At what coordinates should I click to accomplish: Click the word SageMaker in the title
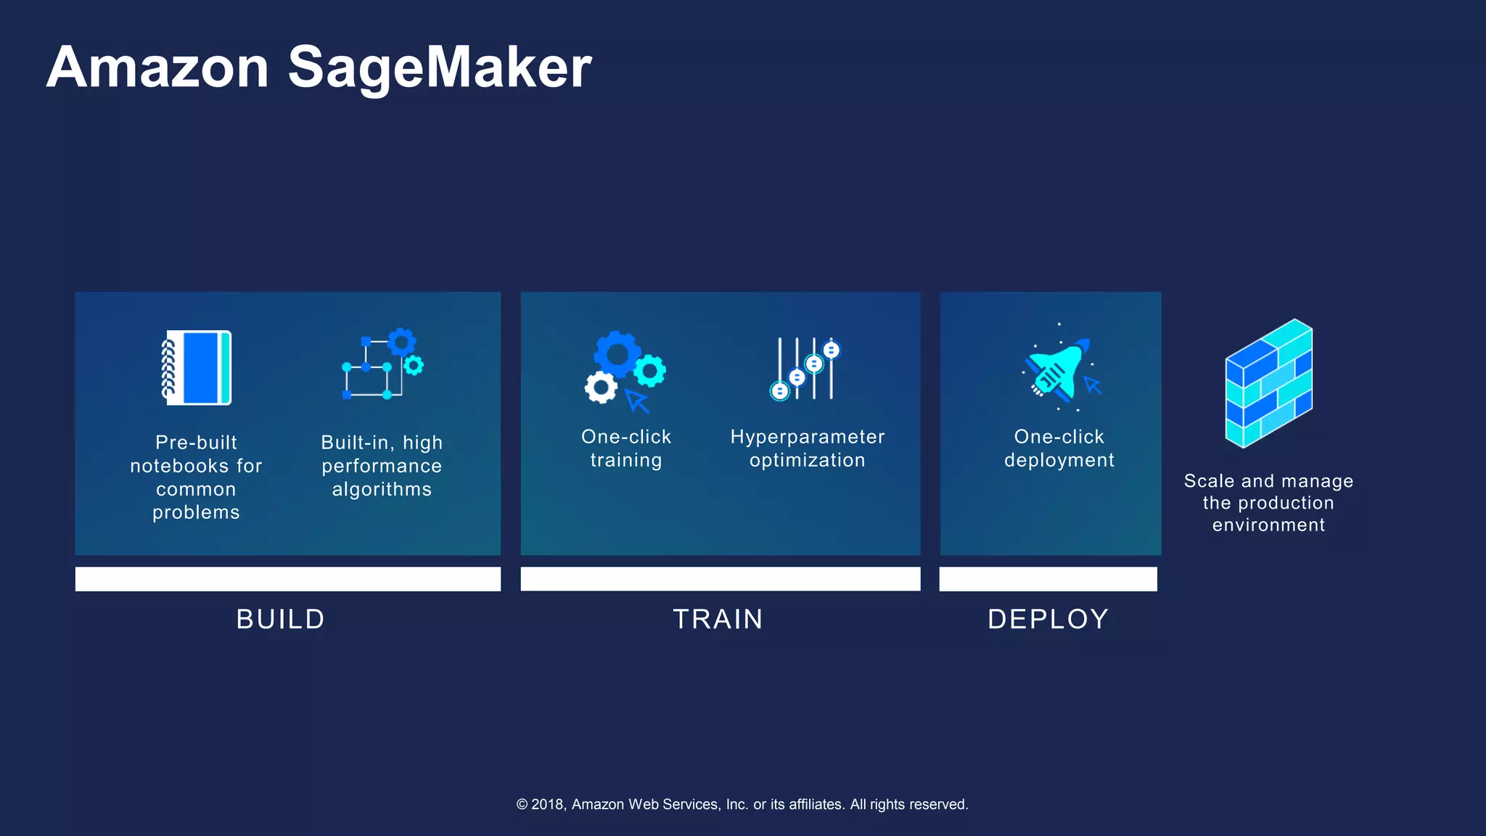coord(440,67)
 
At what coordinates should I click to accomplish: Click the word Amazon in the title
coord(158,67)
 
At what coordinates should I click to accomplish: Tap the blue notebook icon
coord(197,367)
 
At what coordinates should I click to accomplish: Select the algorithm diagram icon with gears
coord(382,364)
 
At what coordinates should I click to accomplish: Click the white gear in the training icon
coord(601,388)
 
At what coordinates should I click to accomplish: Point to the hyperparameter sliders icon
coord(805,369)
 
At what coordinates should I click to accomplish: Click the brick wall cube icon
coord(1268,383)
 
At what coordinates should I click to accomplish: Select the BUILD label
coord(281,619)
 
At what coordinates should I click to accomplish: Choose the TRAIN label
coord(718,619)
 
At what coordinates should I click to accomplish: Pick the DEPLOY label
coord(1048,619)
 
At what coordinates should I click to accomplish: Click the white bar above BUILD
coord(288,579)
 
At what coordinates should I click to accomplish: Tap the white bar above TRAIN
coord(721,579)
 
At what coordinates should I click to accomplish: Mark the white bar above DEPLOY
coord(1048,579)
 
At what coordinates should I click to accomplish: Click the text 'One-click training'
coord(626,448)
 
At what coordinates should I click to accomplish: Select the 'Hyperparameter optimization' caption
coord(808,448)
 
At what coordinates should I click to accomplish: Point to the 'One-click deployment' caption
coord(1059,448)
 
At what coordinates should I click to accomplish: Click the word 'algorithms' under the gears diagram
coord(382,489)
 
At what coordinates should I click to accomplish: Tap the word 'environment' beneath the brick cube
coord(1268,525)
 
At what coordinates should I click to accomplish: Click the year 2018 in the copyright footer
coord(548,804)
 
